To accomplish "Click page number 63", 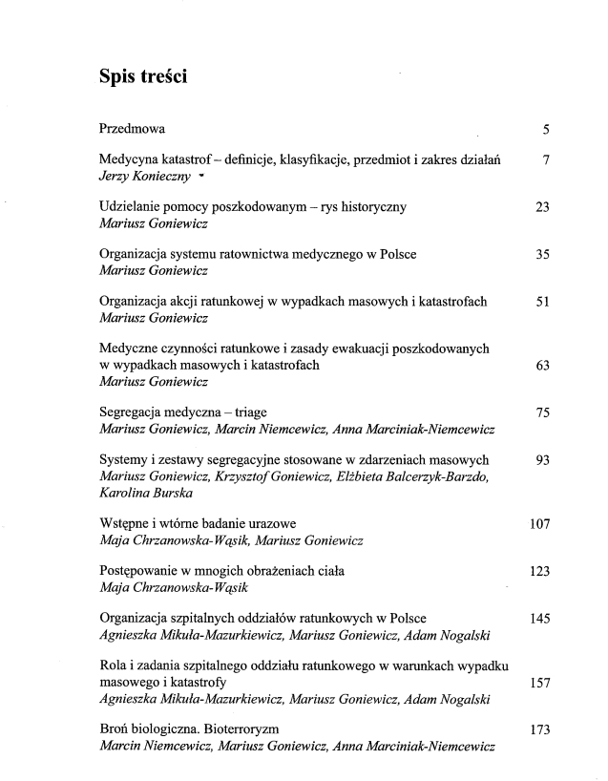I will click(x=542, y=366).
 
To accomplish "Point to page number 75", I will click(x=542, y=413).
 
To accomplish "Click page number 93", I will click(x=542, y=460).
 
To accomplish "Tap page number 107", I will click(x=538, y=524).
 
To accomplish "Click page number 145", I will click(x=538, y=619).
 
